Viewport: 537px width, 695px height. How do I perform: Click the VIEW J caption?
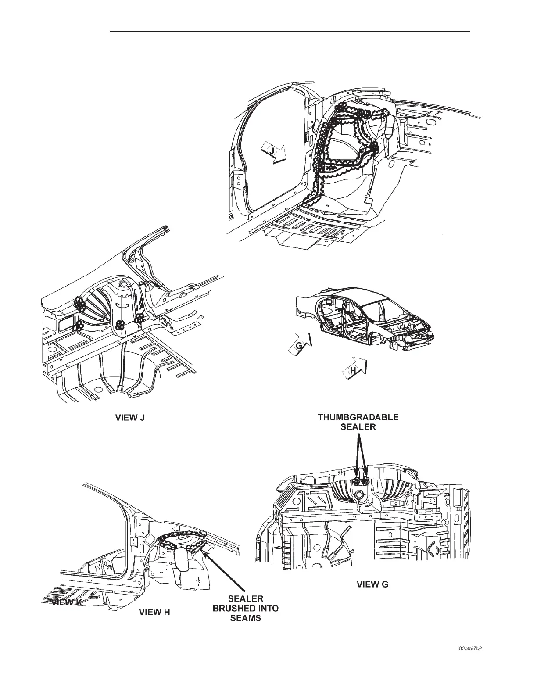pos(130,418)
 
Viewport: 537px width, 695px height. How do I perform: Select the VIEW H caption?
pos(154,613)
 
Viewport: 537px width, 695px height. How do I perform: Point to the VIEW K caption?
pos(66,602)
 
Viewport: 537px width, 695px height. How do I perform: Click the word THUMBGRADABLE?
pos(358,417)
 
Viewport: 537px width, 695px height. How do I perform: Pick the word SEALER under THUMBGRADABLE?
pos(358,427)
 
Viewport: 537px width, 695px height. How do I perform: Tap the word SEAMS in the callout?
pos(245,618)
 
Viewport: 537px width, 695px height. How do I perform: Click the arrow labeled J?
pos(273,152)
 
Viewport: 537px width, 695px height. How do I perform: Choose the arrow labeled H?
pos(354,370)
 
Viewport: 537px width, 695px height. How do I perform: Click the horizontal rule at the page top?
pos(290,32)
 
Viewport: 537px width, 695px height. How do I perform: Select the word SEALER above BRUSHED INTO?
pos(245,599)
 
